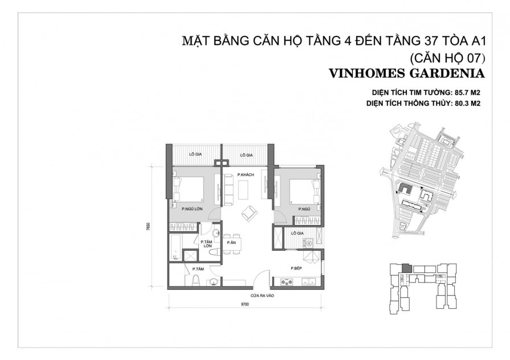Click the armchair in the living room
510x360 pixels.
click(249, 213)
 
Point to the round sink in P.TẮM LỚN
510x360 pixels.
click(216, 234)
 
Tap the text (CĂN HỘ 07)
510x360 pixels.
click(447, 57)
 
